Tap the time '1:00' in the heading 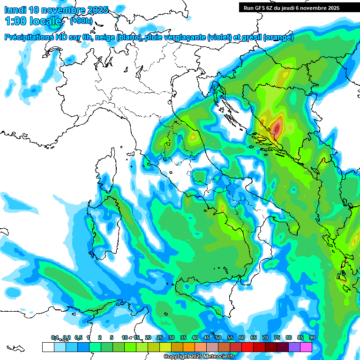tap(16, 21)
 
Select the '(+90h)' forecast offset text tap(81, 21)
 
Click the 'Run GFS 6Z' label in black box tap(261, 7)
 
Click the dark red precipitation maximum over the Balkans tap(277, 127)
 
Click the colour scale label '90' tap(312, 337)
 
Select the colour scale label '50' tap(218, 337)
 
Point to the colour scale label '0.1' tap(55, 337)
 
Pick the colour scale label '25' tap(160, 337)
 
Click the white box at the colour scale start tap(48, 347)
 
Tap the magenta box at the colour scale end tap(306, 347)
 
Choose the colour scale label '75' tap(277, 337)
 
